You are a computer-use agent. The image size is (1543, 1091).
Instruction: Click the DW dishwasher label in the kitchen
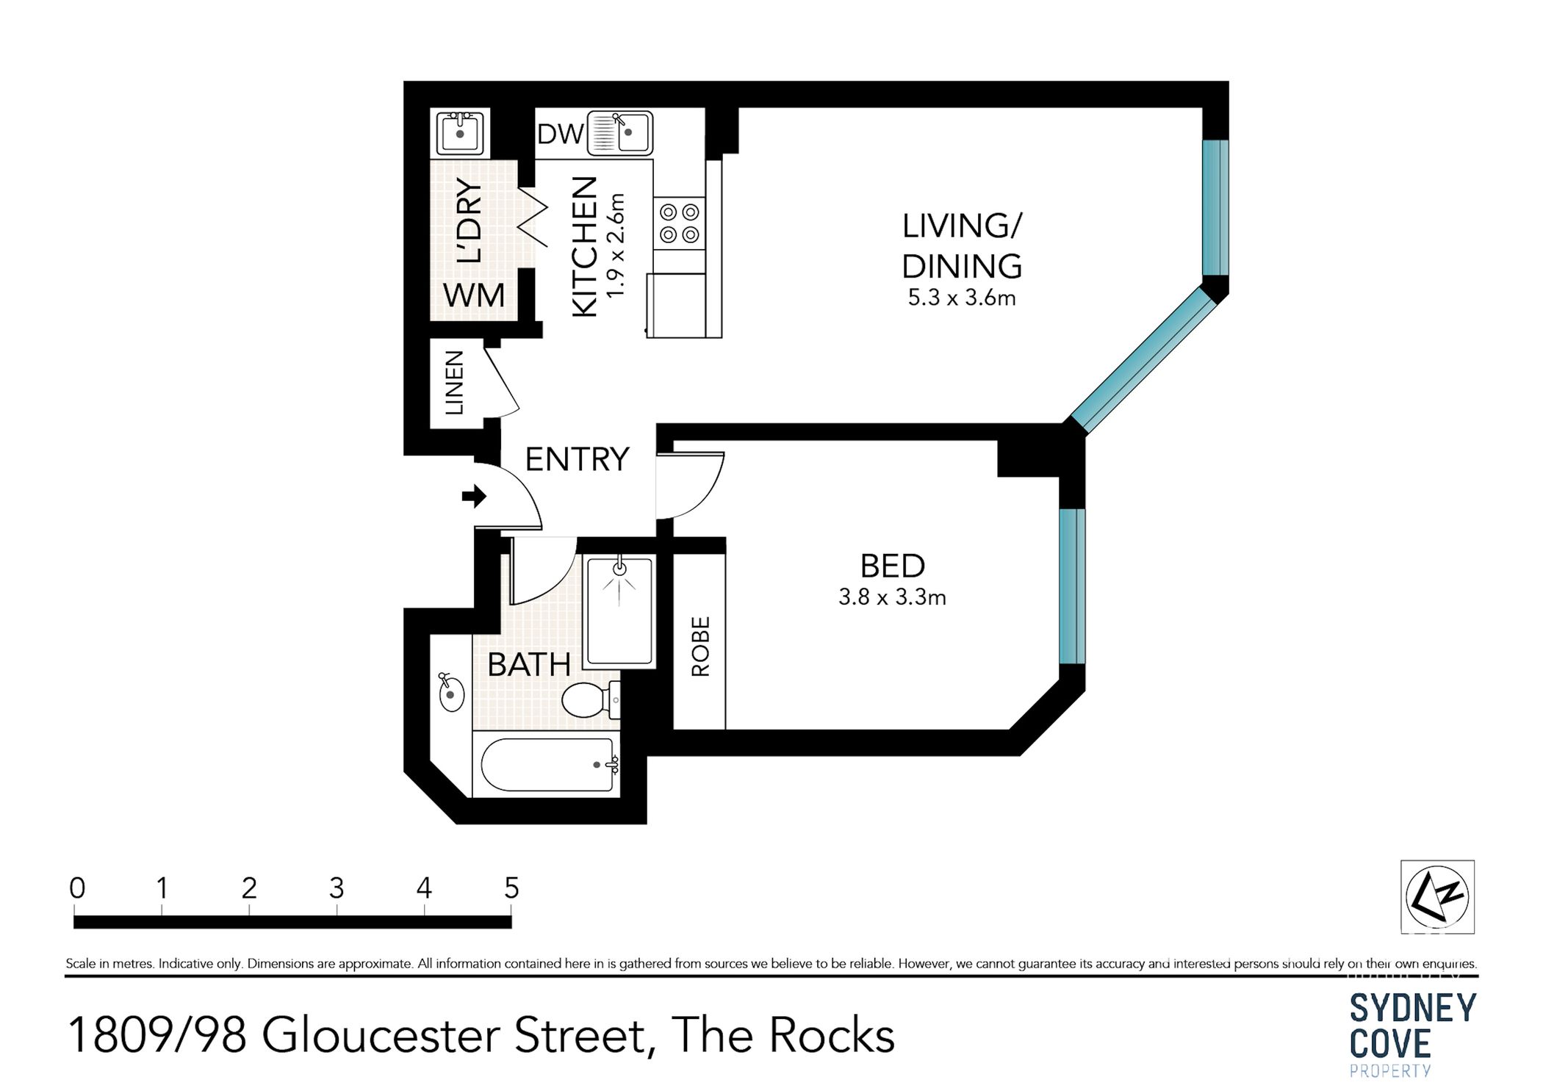pos(559,134)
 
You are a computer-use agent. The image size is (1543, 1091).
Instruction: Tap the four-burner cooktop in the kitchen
pos(679,223)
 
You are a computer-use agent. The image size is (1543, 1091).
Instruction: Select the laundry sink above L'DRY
pos(459,133)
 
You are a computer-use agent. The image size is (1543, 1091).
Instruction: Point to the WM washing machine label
pos(474,296)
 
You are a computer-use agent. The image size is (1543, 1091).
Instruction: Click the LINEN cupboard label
pos(455,383)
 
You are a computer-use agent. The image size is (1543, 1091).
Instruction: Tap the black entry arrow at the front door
pos(474,496)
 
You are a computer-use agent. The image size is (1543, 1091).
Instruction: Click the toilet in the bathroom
pos(589,699)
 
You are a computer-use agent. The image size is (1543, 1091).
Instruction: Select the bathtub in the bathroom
pos(547,765)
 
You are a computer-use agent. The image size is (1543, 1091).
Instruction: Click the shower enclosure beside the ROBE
pos(619,611)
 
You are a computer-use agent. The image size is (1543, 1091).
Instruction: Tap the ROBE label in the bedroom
pos(700,647)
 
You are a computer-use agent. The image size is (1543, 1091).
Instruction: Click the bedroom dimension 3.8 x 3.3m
pos(892,597)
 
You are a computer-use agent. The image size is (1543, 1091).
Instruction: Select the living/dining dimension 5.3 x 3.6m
pos(962,298)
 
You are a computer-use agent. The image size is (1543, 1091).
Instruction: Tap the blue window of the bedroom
pos(1072,586)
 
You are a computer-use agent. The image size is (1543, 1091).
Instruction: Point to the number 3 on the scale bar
pos(336,889)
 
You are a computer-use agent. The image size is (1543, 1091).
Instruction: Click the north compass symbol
pos(1436,896)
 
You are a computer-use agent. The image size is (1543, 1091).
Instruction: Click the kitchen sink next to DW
pos(621,133)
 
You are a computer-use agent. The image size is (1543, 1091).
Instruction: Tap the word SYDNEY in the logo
pos(1412,1009)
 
